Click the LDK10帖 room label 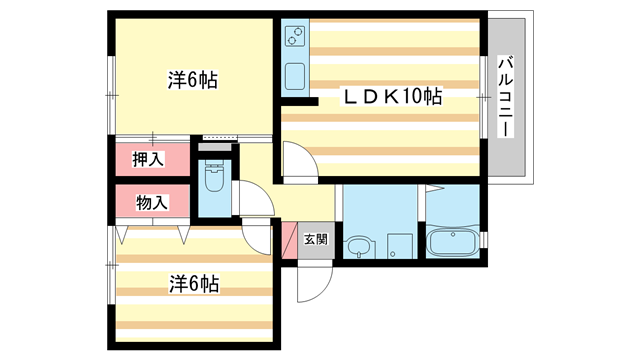click(x=393, y=96)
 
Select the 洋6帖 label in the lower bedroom click(x=193, y=284)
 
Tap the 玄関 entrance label click(x=315, y=240)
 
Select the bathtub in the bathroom click(x=456, y=244)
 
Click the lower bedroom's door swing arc click(x=258, y=237)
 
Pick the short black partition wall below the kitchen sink click(x=299, y=101)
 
